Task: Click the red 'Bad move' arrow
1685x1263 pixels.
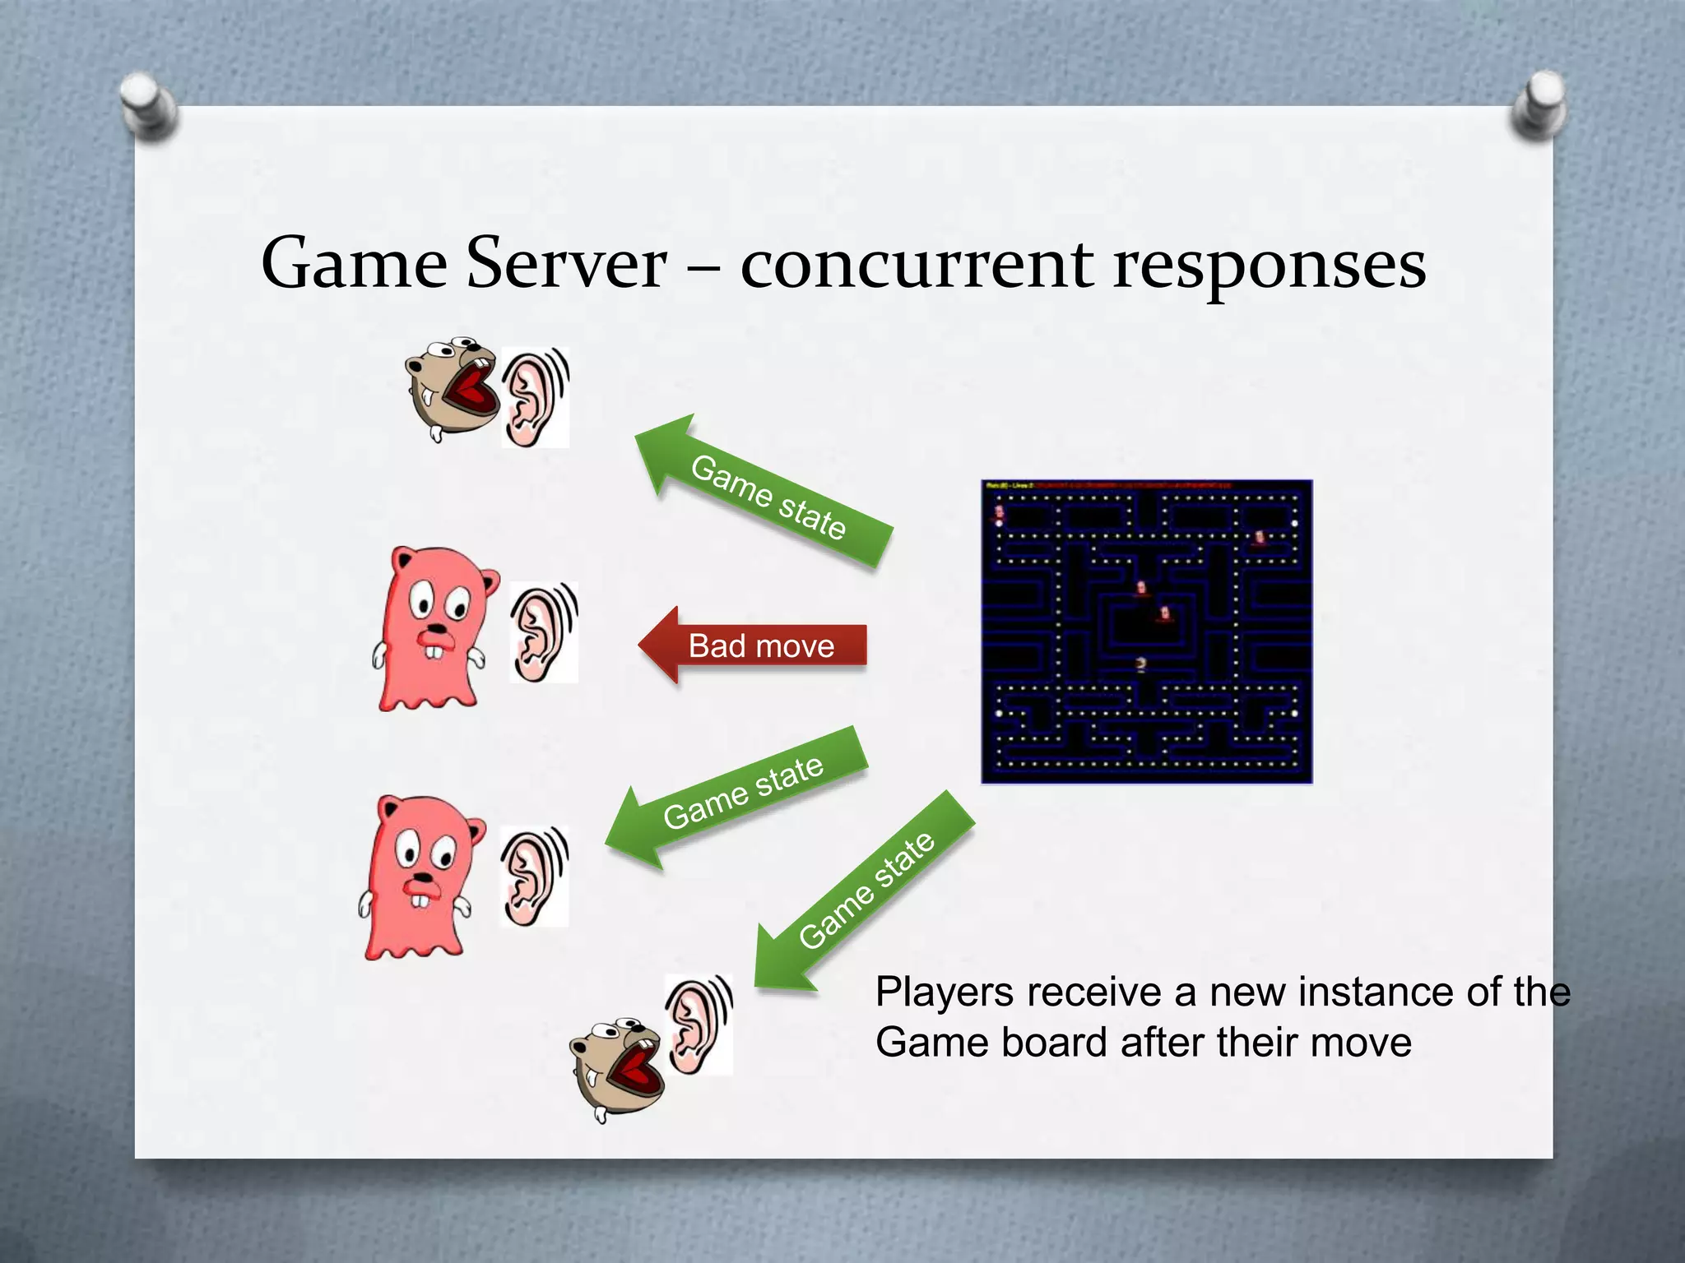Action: [x=753, y=645]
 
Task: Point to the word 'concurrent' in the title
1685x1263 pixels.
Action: [x=917, y=265]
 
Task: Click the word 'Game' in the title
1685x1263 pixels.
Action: [x=354, y=263]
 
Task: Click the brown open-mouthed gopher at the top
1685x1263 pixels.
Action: [x=452, y=386]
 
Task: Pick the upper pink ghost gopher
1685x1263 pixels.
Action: [x=433, y=629]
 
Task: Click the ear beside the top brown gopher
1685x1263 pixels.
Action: [x=534, y=398]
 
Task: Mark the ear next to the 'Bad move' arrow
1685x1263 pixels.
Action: [x=543, y=631]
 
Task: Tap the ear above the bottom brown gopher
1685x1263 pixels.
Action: [x=699, y=1024]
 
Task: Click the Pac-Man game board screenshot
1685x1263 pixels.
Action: [x=1146, y=631]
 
